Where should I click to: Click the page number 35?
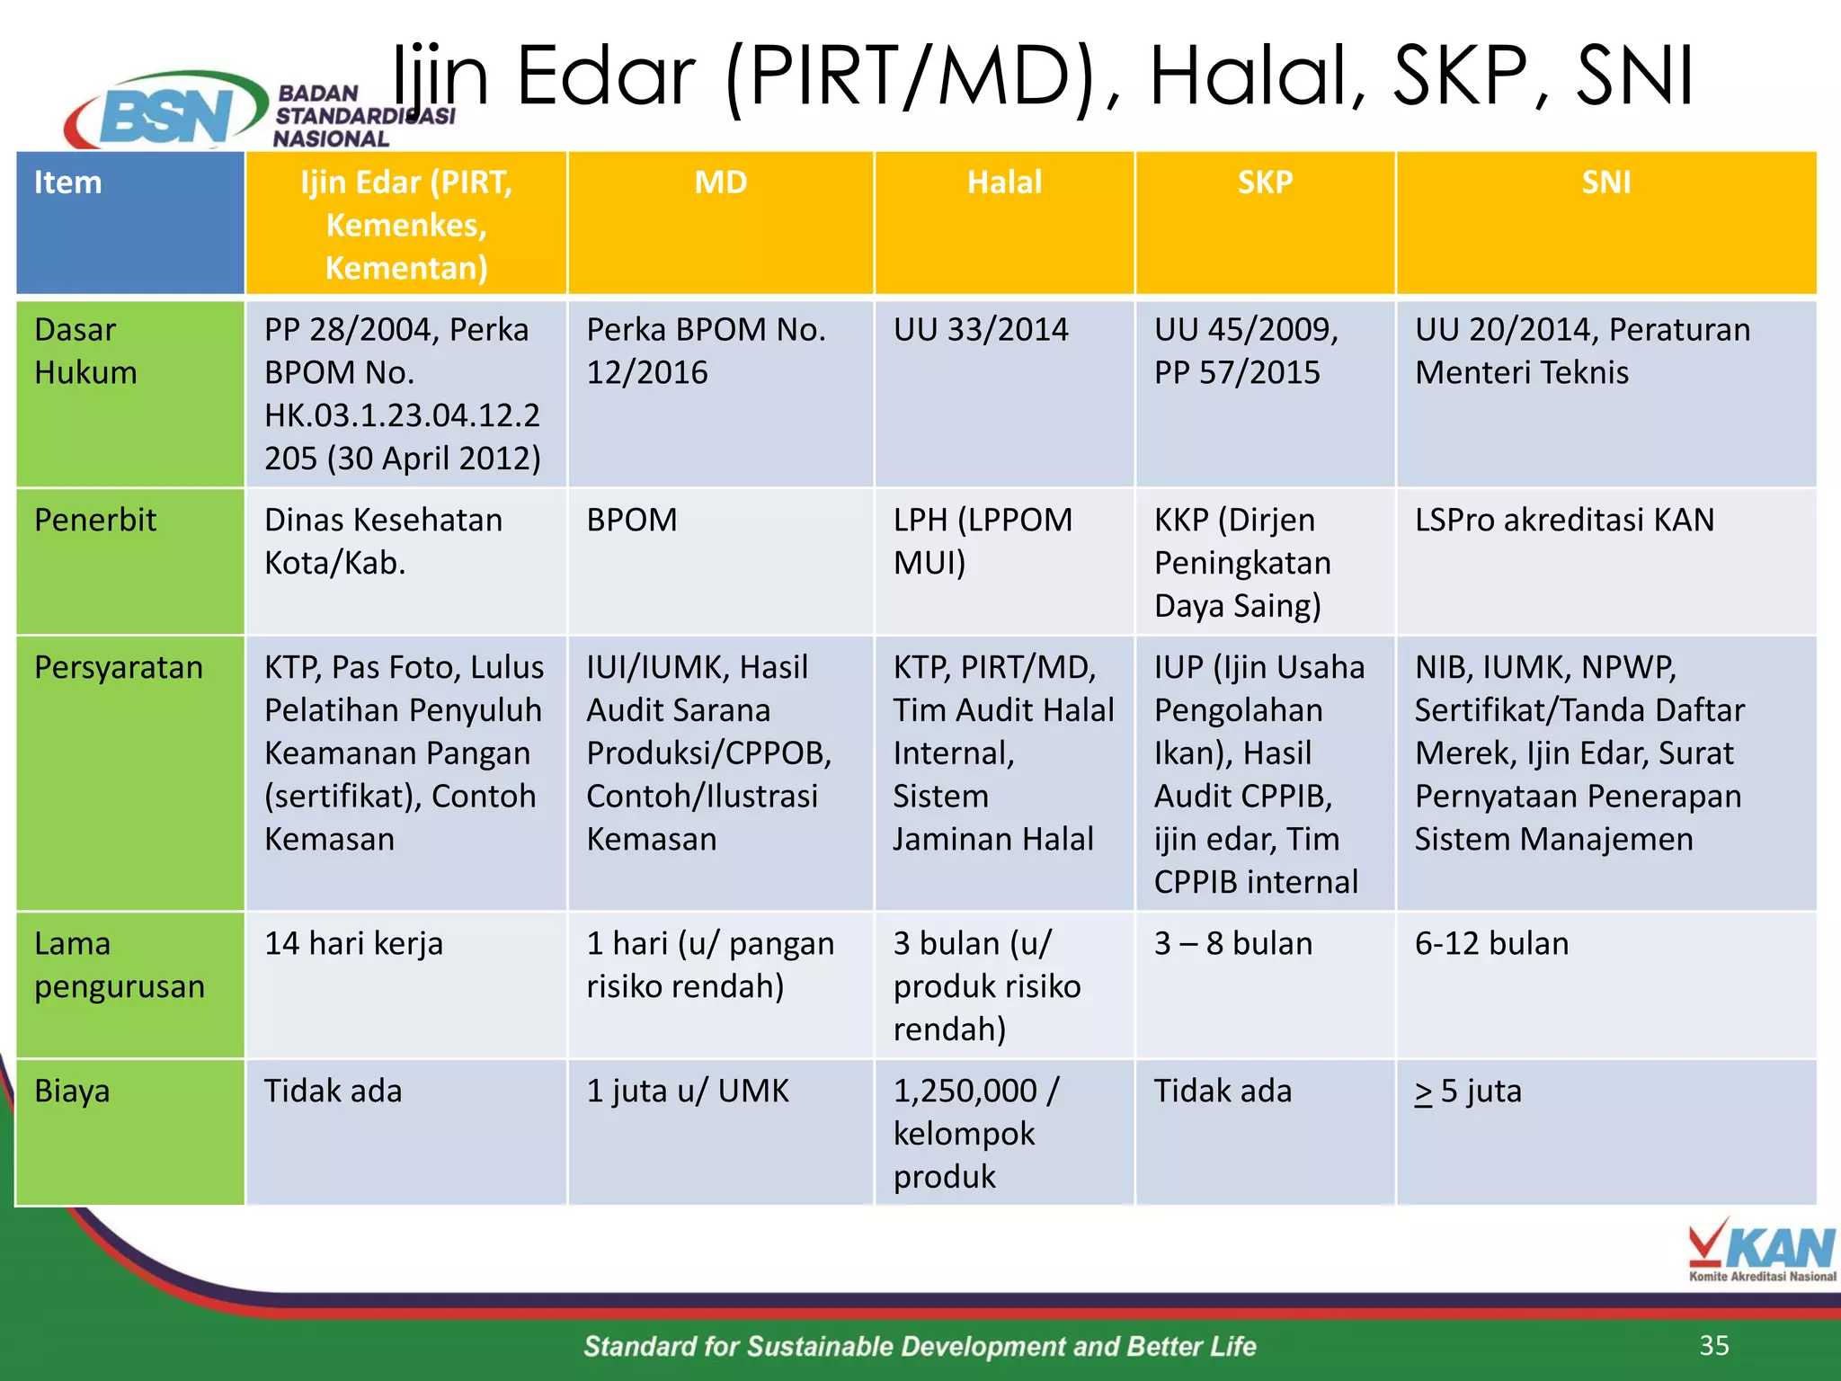tap(1714, 1345)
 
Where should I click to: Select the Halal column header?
tap(1004, 183)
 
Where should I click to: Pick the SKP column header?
tap(1265, 183)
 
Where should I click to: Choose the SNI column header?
tap(1605, 183)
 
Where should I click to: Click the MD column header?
tap(721, 183)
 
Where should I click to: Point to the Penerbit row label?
tap(95, 520)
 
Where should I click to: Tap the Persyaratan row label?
tap(119, 667)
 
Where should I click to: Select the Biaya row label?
tap(72, 1091)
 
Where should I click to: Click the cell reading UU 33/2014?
tap(981, 330)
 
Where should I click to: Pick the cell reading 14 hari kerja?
tap(353, 943)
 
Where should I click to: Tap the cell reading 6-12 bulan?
tap(1491, 943)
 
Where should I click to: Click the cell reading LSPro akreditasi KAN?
tap(1564, 520)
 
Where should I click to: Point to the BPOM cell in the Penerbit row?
tap(632, 520)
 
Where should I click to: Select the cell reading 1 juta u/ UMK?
tap(688, 1091)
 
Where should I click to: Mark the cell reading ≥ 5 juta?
tap(1468, 1091)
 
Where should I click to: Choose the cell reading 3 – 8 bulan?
tap(1233, 943)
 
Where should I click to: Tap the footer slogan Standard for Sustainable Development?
tap(920, 1346)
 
